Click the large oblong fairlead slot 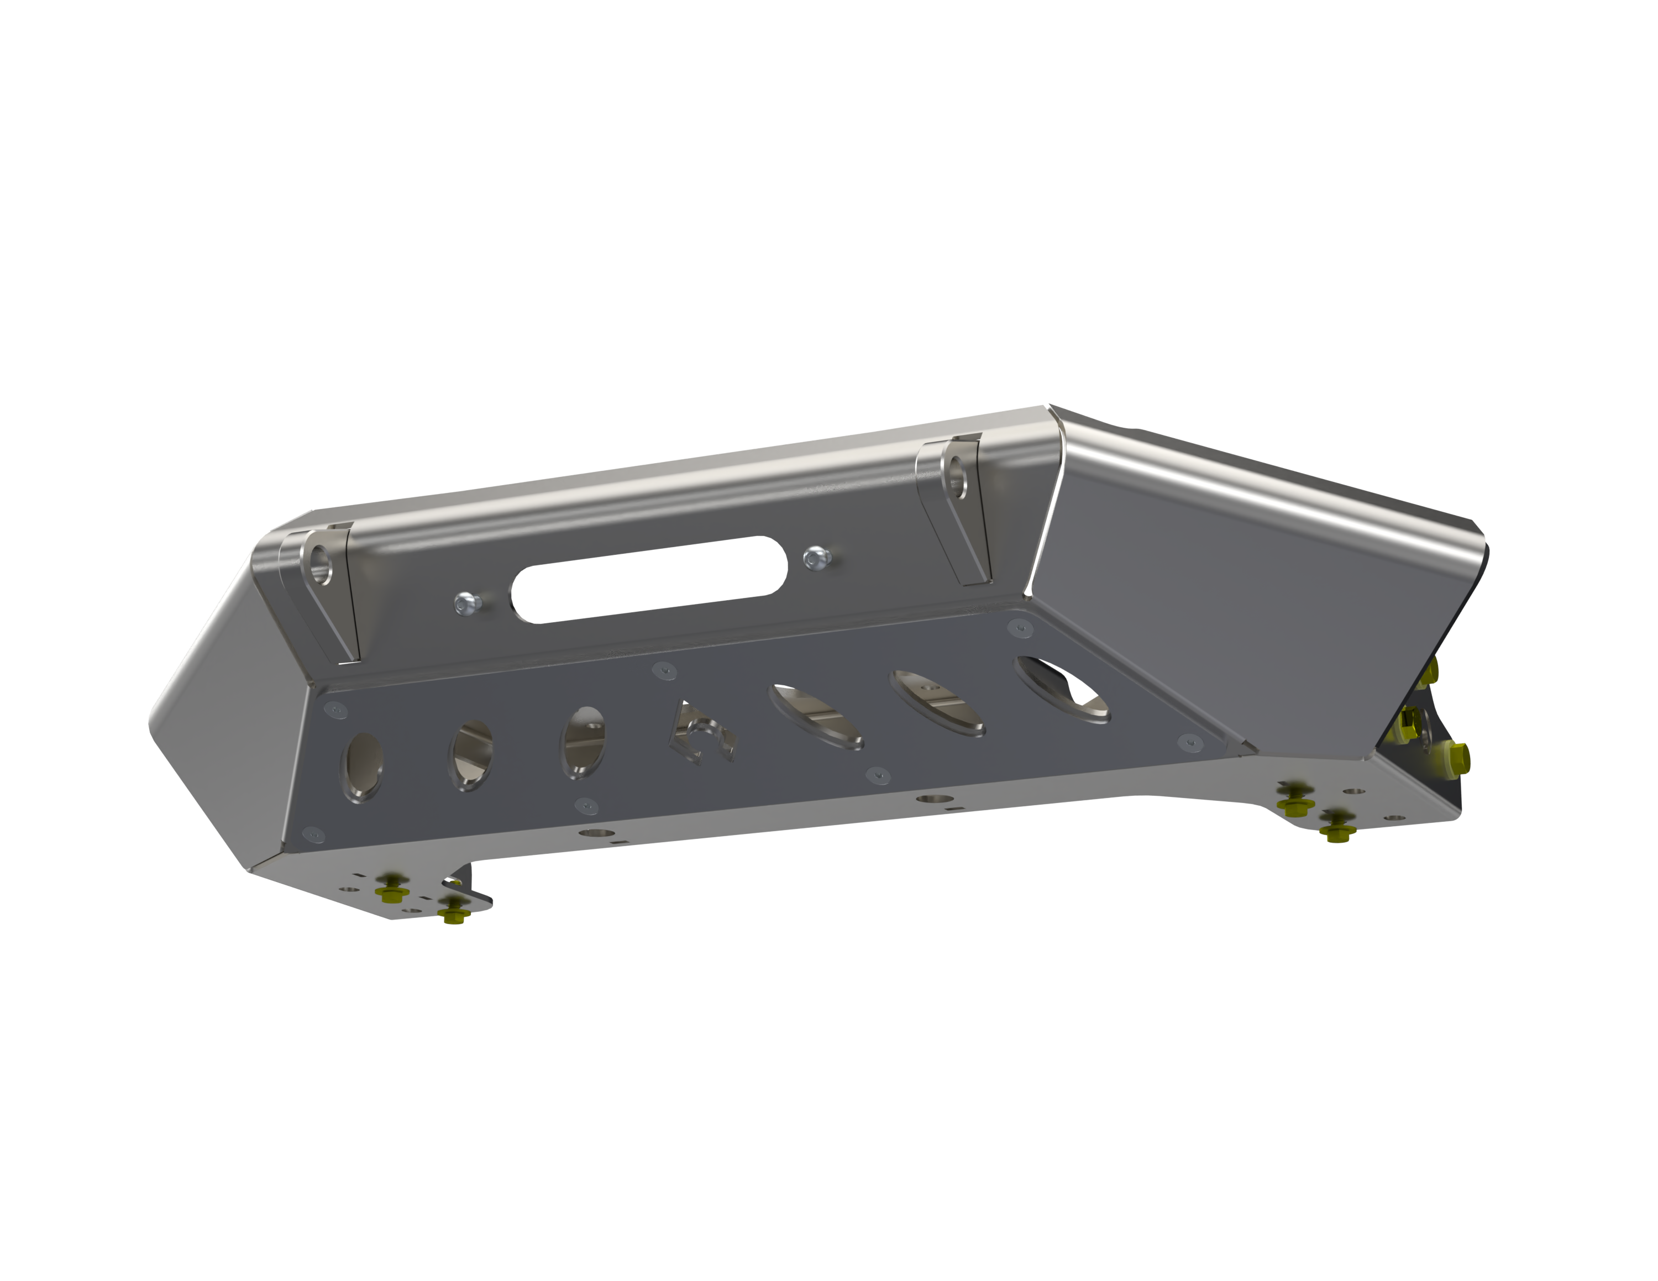point(649,580)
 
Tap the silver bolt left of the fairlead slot point(467,604)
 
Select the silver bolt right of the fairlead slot point(816,559)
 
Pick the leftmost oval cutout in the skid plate point(363,766)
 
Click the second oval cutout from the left point(471,754)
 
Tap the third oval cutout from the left point(583,742)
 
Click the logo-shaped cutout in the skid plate point(703,732)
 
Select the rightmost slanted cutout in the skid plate point(1061,689)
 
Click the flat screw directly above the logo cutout point(664,670)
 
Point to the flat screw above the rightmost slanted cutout point(1020,628)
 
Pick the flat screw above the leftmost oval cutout point(335,710)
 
